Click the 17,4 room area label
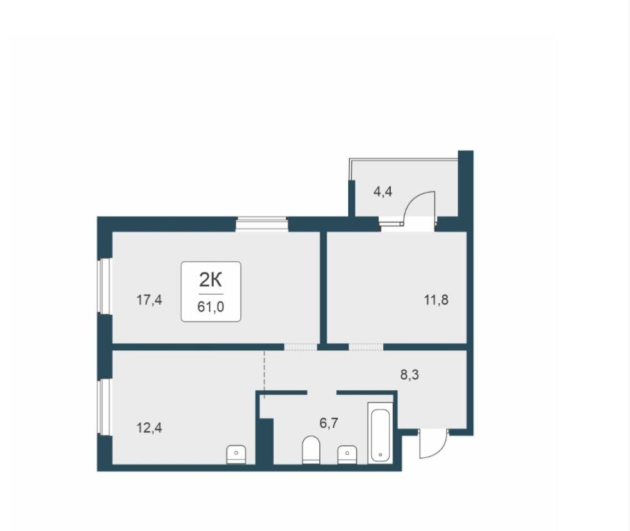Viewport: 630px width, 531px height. (150, 300)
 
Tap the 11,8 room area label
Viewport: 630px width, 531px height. (436, 300)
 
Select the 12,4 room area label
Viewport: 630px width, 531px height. (150, 428)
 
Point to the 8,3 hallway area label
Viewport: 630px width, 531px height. (410, 375)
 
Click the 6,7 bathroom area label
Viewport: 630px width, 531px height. (329, 423)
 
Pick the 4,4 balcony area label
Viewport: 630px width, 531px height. (383, 192)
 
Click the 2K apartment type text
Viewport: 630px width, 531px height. (210, 280)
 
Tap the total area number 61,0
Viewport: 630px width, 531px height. (210, 307)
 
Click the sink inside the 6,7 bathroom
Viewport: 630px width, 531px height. (348, 454)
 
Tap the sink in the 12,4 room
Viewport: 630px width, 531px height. (236, 454)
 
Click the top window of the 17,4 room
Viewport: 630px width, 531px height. (262, 224)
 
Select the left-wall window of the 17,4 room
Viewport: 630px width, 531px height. (105, 286)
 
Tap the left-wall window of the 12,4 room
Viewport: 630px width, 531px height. (105, 407)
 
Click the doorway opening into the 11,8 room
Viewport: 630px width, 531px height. (366, 347)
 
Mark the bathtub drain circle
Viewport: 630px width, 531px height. (380, 455)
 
